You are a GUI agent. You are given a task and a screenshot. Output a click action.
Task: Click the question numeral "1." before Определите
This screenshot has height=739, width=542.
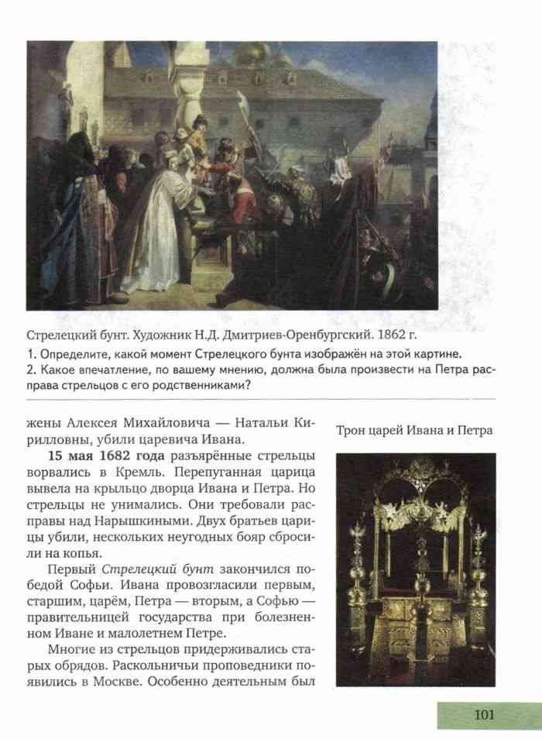click(x=30, y=352)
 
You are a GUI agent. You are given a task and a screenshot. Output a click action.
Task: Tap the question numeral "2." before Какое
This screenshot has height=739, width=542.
click(x=30, y=369)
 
